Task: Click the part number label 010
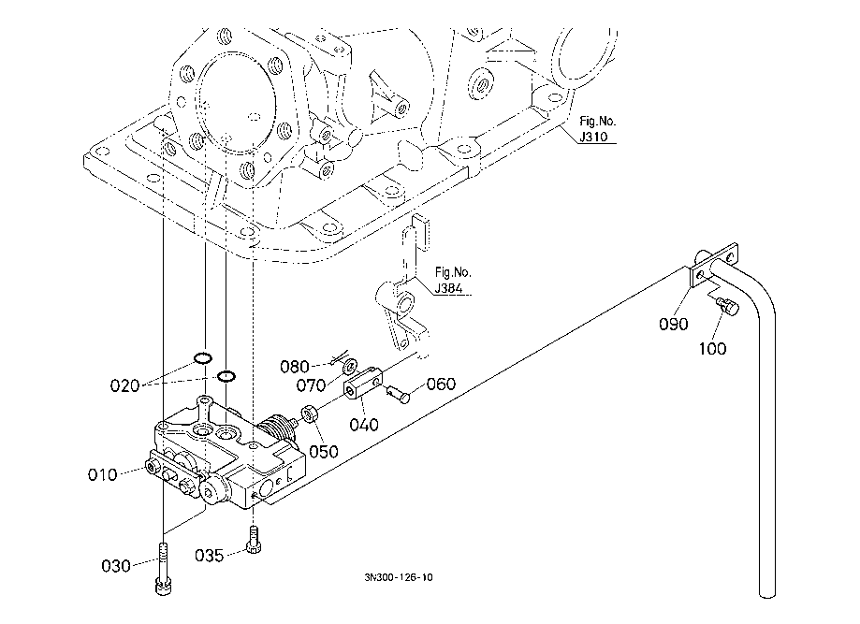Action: (x=103, y=474)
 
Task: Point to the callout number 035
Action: (x=211, y=556)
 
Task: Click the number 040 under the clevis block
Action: (x=364, y=424)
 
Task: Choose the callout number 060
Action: (x=441, y=384)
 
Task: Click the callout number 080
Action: (x=296, y=365)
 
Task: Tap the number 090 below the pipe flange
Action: (x=674, y=325)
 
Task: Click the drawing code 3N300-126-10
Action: (x=399, y=577)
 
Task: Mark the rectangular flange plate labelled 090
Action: (x=713, y=266)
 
